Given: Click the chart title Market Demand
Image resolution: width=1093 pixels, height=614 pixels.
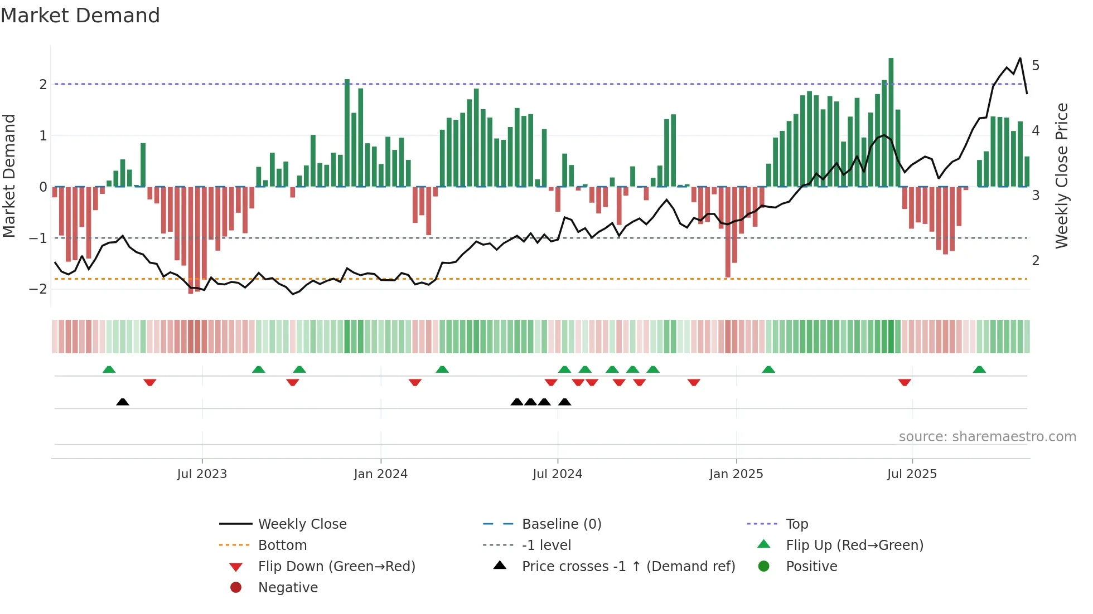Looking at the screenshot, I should [x=80, y=16].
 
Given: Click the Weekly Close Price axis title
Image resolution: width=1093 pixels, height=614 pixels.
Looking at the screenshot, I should [x=1062, y=176].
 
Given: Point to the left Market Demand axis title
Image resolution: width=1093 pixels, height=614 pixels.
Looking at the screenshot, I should [x=9, y=176].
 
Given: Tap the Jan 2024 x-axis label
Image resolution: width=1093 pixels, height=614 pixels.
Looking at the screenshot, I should [x=380, y=474].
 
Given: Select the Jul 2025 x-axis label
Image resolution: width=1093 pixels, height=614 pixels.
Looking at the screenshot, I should [x=912, y=474].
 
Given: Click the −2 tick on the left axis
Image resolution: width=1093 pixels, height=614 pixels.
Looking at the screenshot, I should [x=38, y=289].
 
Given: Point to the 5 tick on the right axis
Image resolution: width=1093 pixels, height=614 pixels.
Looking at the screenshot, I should [x=1036, y=66].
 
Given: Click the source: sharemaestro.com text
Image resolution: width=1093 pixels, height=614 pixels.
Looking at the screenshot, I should [x=987, y=437].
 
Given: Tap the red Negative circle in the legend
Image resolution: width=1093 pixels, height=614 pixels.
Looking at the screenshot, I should [x=236, y=588].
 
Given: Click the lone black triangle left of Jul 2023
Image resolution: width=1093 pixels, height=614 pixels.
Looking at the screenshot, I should [x=123, y=402].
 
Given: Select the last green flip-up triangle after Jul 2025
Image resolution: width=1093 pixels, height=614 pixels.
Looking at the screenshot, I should [x=979, y=369].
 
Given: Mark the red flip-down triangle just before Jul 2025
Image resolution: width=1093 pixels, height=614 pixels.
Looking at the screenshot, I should [x=905, y=382].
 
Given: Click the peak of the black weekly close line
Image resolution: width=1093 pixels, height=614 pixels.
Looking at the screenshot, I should [x=1020, y=59].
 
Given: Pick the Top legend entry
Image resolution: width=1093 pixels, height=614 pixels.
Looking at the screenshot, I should [x=797, y=524].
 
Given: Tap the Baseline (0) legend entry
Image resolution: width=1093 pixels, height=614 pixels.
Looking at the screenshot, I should [x=561, y=524].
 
